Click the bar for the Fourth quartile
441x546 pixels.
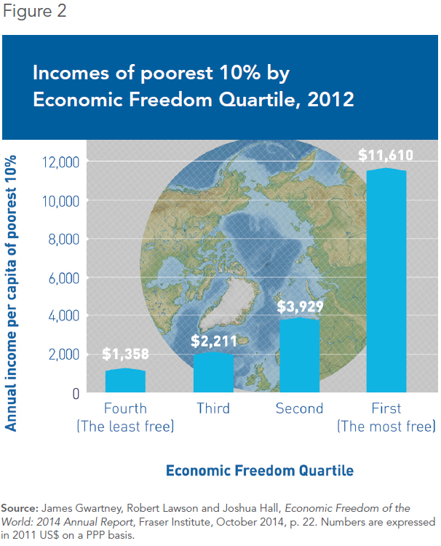[x=125, y=380]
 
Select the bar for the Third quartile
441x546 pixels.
[x=213, y=372]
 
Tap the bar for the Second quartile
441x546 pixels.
[x=299, y=355]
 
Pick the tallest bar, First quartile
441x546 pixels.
[x=386, y=280]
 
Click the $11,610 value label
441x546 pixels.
[x=386, y=155]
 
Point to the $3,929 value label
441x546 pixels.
[x=300, y=306]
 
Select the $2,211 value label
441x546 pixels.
[x=214, y=341]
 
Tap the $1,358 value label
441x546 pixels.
[x=125, y=354]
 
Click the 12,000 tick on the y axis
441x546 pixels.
[x=60, y=162]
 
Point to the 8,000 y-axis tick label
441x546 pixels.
[x=64, y=240]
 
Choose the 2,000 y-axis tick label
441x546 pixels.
[x=64, y=355]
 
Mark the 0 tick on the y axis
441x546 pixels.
[x=76, y=393]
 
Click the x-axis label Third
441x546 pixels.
[x=213, y=408]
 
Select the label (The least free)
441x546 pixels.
[x=125, y=426]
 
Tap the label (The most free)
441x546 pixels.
[x=386, y=426]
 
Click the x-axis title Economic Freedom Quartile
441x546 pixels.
[x=260, y=470]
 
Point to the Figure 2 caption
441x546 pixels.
[x=34, y=11]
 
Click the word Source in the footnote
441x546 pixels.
[x=20, y=508]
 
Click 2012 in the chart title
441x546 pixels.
[x=330, y=100]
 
